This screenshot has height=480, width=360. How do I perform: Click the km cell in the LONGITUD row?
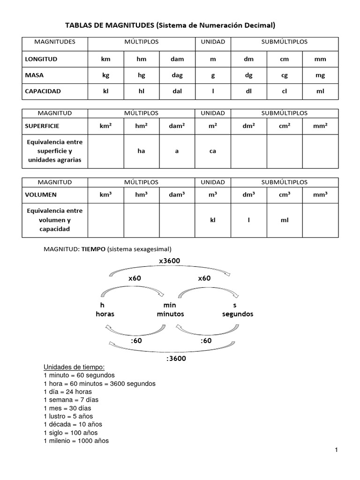click(x=105, y=60)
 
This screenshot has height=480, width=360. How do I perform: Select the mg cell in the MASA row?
click(x=320, y=75)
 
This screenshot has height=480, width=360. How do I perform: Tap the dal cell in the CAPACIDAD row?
click(x=177, y=91)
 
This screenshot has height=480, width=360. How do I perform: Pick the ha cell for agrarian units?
click(x=141, y=151)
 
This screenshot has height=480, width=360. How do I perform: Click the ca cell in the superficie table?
click(x=213, y=151)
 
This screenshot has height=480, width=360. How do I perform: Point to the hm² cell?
click(x=141, y=126)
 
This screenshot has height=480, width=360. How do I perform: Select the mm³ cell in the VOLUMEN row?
click(x=320, y=195)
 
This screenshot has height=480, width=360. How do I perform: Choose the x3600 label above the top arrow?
click(x=169, y=261)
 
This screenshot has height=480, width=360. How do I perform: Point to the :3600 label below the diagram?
click(x=176, y=359)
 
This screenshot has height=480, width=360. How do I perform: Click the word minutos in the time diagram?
click(x=170, y=314)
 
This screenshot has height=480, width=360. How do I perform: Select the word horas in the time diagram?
click(x=105, y=314)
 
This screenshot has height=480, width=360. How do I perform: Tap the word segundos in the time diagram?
click(x=237, y=314)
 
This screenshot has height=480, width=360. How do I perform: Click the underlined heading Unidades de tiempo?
click(x=74, y=367)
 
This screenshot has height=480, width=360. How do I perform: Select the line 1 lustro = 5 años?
click(x=68, y=416)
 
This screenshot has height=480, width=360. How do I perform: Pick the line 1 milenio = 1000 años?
click(x=76, y=441)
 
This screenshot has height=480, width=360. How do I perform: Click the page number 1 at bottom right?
click(x=337, y=450)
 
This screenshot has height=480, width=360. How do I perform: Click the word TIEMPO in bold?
click(x=93, y=249)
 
